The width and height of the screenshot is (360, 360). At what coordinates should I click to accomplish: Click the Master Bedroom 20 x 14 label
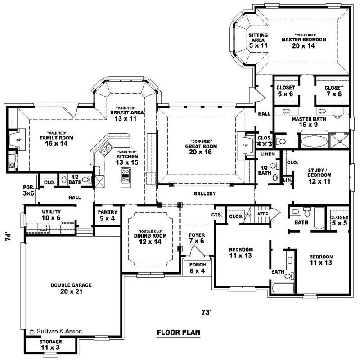tap(304, 42)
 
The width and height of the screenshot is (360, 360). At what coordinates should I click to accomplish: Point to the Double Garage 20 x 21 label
tap(71, 288)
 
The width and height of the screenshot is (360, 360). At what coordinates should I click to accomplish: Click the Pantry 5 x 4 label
tap(108, 215)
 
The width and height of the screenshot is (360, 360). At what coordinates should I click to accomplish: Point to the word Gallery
tap(205, 193)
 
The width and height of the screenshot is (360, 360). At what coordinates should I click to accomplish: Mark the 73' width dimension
tap(207, 311)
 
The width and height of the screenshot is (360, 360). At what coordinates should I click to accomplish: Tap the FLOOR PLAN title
tap(178, 333)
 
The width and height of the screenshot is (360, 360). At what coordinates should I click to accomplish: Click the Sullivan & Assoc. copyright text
tap(56, 331)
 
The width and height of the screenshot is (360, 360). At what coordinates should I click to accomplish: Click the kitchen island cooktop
tap(125, 174)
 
